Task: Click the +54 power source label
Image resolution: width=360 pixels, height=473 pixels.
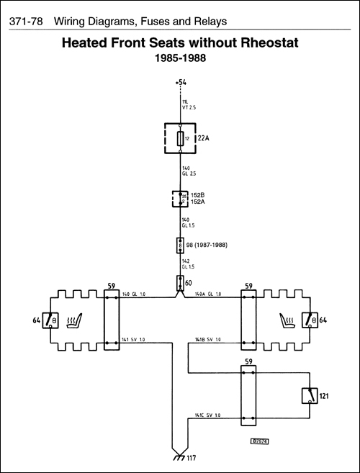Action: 180,84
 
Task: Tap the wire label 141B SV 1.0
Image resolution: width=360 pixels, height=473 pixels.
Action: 209,339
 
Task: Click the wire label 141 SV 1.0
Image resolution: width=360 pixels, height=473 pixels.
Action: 134,339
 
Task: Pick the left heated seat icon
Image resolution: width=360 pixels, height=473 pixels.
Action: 74,319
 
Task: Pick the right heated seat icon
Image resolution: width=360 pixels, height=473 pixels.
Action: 287,319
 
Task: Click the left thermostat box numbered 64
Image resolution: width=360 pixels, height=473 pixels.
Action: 52,320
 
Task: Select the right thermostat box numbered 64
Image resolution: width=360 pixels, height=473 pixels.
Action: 310,320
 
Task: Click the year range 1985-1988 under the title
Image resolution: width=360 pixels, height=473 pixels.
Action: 180,58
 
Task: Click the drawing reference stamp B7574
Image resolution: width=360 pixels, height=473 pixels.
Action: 260,441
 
